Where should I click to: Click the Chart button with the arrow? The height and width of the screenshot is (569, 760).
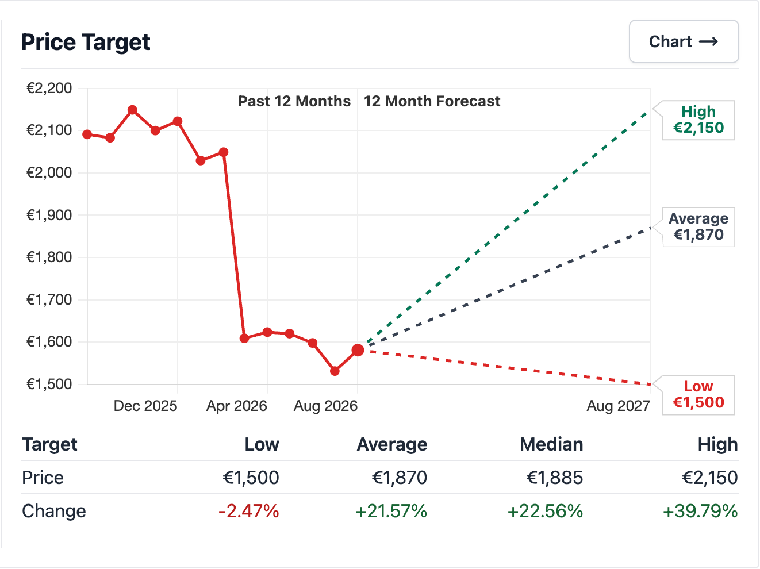[684, 41]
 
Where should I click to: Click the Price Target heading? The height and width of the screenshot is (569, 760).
[86, 42]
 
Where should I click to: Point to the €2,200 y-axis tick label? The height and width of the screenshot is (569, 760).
[49, 89]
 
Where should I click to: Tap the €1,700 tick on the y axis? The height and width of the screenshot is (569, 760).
[49, 299]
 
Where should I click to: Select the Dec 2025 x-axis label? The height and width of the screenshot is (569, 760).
[145, 406]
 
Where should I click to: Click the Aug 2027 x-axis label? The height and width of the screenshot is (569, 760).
[619, 406]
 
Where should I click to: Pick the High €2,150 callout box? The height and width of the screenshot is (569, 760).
[698, 120]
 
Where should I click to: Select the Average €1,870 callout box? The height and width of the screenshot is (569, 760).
[698, 227]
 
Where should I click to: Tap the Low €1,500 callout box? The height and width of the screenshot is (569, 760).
[698, 395]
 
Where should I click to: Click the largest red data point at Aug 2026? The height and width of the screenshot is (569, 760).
[358, 350]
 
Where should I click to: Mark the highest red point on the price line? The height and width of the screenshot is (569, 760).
[132, 110]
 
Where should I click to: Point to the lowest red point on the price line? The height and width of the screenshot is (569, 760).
[335, 371]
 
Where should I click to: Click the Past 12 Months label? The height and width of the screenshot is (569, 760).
[294, 101]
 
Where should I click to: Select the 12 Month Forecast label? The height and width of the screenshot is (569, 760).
[432, 101]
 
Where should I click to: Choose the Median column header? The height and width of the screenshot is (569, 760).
[551, 444]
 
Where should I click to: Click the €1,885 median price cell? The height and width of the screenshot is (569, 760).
[554, 478]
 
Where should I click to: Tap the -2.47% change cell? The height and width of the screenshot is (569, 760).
[248, 511]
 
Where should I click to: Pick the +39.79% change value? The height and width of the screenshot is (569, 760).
[700, 511]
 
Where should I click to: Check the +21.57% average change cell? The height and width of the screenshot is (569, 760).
[391, 511]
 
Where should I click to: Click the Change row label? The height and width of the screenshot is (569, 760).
[54, 511]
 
